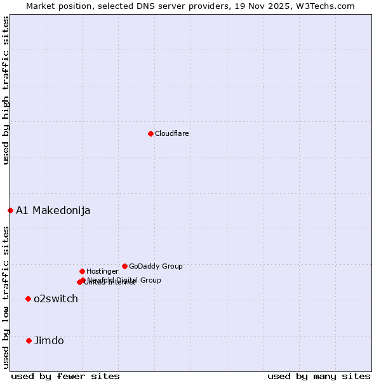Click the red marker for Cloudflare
click(150, 133)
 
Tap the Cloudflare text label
click(172, 134)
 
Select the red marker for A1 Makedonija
click(10, 210)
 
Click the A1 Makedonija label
click(53, 211)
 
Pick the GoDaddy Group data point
click(124, 266)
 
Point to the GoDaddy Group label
click(156, 267)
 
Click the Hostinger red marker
click(82, 271)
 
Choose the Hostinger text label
click(102, 272)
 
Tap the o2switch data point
click(28, 298)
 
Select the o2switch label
click(56, 299)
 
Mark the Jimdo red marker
click(29, 340)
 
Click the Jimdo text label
click(49, 341)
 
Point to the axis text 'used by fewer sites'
click(65, 377)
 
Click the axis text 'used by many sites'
click(319, 377)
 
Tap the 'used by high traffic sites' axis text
click(6, 91)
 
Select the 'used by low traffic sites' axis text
click(6, 297)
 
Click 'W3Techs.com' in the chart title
click(329, 6)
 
